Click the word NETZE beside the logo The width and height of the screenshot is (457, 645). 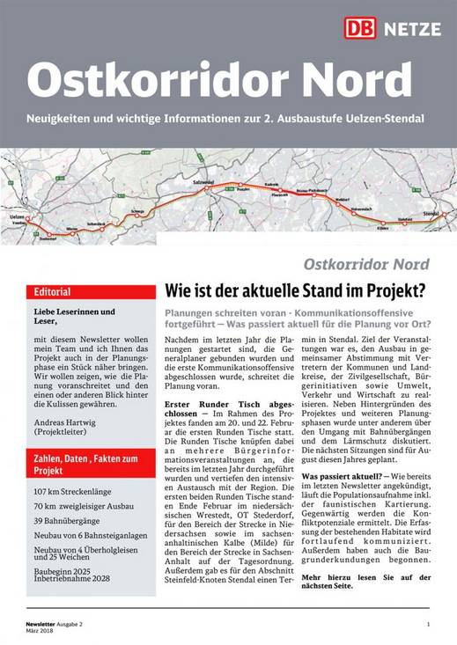pyautogui.click(x=410, y=29)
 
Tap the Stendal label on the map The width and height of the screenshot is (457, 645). pyautogui.click(x=431, y=212)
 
